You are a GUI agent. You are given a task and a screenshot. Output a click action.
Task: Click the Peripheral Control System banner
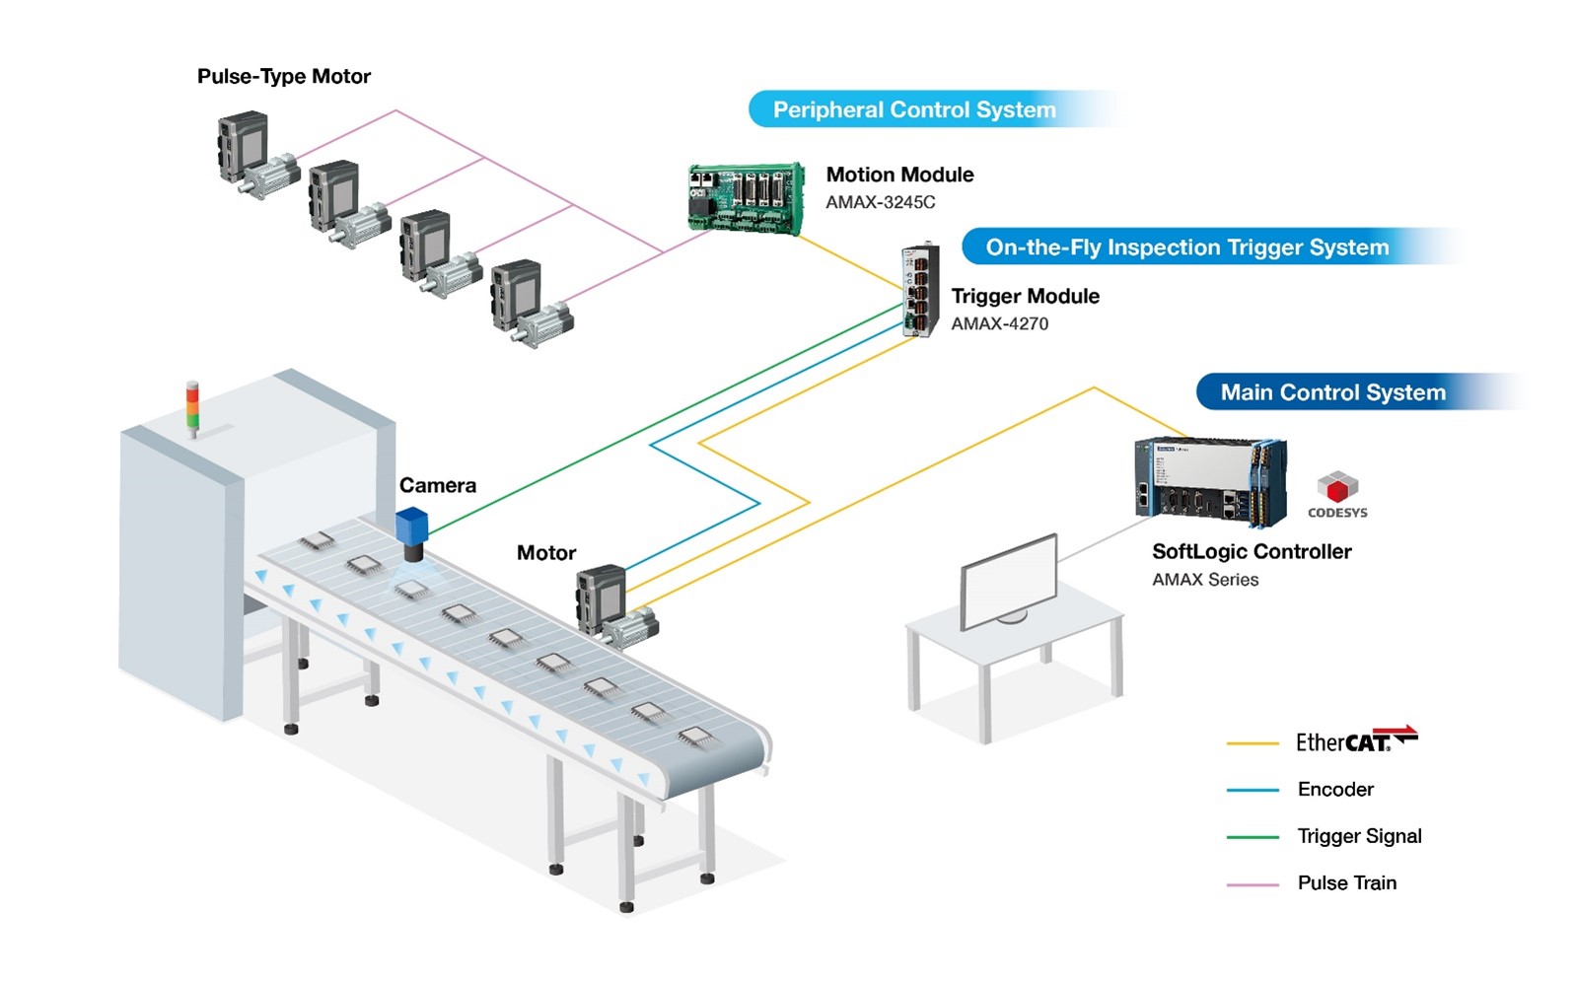click(914, 109)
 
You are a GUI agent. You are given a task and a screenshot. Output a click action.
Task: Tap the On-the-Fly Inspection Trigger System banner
click(1186, 247)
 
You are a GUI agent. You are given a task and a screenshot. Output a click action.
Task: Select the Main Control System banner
click(1332, 392)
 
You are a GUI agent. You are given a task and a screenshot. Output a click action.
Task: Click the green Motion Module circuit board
click(746, 198)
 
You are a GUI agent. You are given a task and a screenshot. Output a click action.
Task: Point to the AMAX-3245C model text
click(880, 202)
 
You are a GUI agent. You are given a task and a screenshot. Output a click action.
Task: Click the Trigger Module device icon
click(919, 291)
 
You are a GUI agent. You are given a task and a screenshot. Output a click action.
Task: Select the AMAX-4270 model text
click(999, 323)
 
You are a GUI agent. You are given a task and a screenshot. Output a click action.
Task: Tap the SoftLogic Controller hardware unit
click(1210, 481)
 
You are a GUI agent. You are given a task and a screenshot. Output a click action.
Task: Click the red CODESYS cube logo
click(1337, 487)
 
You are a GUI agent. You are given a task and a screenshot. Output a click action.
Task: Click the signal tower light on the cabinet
click(192, 406)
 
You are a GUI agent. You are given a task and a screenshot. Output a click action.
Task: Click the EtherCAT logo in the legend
click(1356, 740)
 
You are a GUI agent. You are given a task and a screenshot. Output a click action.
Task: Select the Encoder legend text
click(1335, 789)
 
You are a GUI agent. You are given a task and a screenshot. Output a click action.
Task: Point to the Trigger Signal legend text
click(1359, 836)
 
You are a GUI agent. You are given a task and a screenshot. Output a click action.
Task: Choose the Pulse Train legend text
click(1346, 882)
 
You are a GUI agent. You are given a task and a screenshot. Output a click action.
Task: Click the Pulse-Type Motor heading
click(284, 77)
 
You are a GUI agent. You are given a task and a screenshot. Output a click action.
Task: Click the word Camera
click(437, 485)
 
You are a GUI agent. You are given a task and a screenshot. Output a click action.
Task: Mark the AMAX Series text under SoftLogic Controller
click(1205, 580)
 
